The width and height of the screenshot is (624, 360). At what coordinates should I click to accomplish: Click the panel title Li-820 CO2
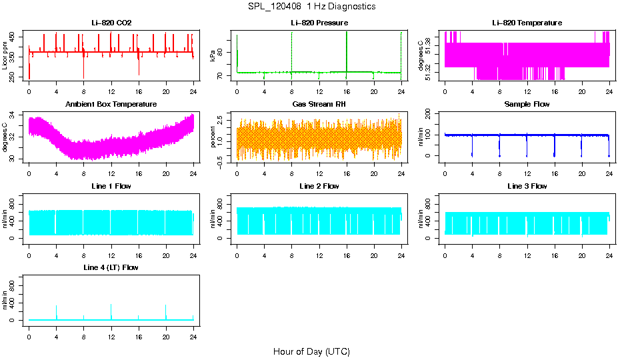click(111, 23)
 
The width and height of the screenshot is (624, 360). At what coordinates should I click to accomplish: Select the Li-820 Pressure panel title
click(319, 23)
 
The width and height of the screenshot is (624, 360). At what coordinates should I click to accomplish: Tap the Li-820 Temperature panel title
click(527, 23)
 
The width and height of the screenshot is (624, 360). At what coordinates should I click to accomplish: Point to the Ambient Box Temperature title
click(111, 105)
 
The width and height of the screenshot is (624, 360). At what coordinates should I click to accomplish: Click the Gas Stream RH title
click(319, 105)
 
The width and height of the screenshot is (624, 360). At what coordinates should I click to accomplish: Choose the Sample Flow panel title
click(527, 105)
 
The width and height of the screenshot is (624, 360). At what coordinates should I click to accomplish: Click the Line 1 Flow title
click(111, 186)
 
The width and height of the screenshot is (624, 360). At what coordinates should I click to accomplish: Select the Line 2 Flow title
click(319, 186)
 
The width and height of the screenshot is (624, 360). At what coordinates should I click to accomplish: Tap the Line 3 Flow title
click(527, 186)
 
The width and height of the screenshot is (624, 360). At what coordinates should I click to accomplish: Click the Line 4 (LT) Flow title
click(111, 267)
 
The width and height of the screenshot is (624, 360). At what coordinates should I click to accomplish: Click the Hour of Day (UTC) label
click(311, 351)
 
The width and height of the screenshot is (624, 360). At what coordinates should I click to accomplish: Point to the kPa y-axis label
click(213, 56)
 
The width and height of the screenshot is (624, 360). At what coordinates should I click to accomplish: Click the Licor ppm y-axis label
click(5, 56)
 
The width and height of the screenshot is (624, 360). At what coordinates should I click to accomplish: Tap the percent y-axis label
click(213, 137)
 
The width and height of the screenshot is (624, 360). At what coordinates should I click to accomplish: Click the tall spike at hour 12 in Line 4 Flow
click(111, 308)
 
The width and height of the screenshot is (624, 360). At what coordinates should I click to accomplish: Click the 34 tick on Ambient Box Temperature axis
click(14, 115)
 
